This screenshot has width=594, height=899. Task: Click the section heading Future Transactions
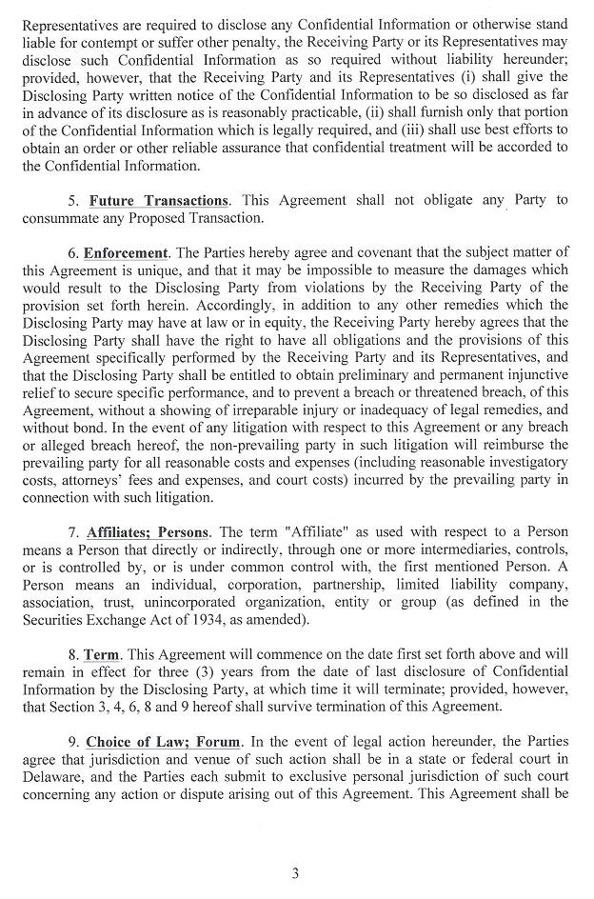point(159,200)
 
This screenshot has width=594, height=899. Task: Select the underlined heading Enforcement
point(125,253)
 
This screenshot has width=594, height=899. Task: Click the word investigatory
point(525,462)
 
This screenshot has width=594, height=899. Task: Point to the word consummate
point(62,218)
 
